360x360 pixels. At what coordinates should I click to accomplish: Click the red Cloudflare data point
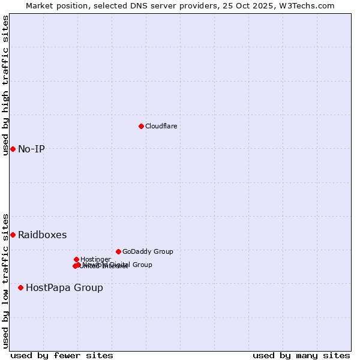141,126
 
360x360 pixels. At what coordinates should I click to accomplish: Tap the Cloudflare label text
161,126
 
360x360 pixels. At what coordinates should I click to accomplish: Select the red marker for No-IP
13,149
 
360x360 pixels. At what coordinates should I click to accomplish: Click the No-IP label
31,149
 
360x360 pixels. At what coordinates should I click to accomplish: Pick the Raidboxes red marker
13,235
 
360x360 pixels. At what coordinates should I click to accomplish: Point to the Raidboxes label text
42,235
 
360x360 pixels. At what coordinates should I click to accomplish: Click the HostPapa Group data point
20,287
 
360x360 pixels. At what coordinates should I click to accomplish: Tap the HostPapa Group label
64,287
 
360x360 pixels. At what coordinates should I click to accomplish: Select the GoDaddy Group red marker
118,251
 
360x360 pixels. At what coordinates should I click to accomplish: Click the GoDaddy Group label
148,251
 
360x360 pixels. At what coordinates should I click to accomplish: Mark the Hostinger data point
76,259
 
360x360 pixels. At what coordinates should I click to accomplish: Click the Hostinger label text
95,259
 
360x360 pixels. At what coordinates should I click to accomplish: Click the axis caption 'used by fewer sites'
62,355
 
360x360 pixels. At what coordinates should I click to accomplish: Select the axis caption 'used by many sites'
301,355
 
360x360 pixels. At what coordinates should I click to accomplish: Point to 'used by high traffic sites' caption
5,85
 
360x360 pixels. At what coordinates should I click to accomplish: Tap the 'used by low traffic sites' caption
5,280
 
